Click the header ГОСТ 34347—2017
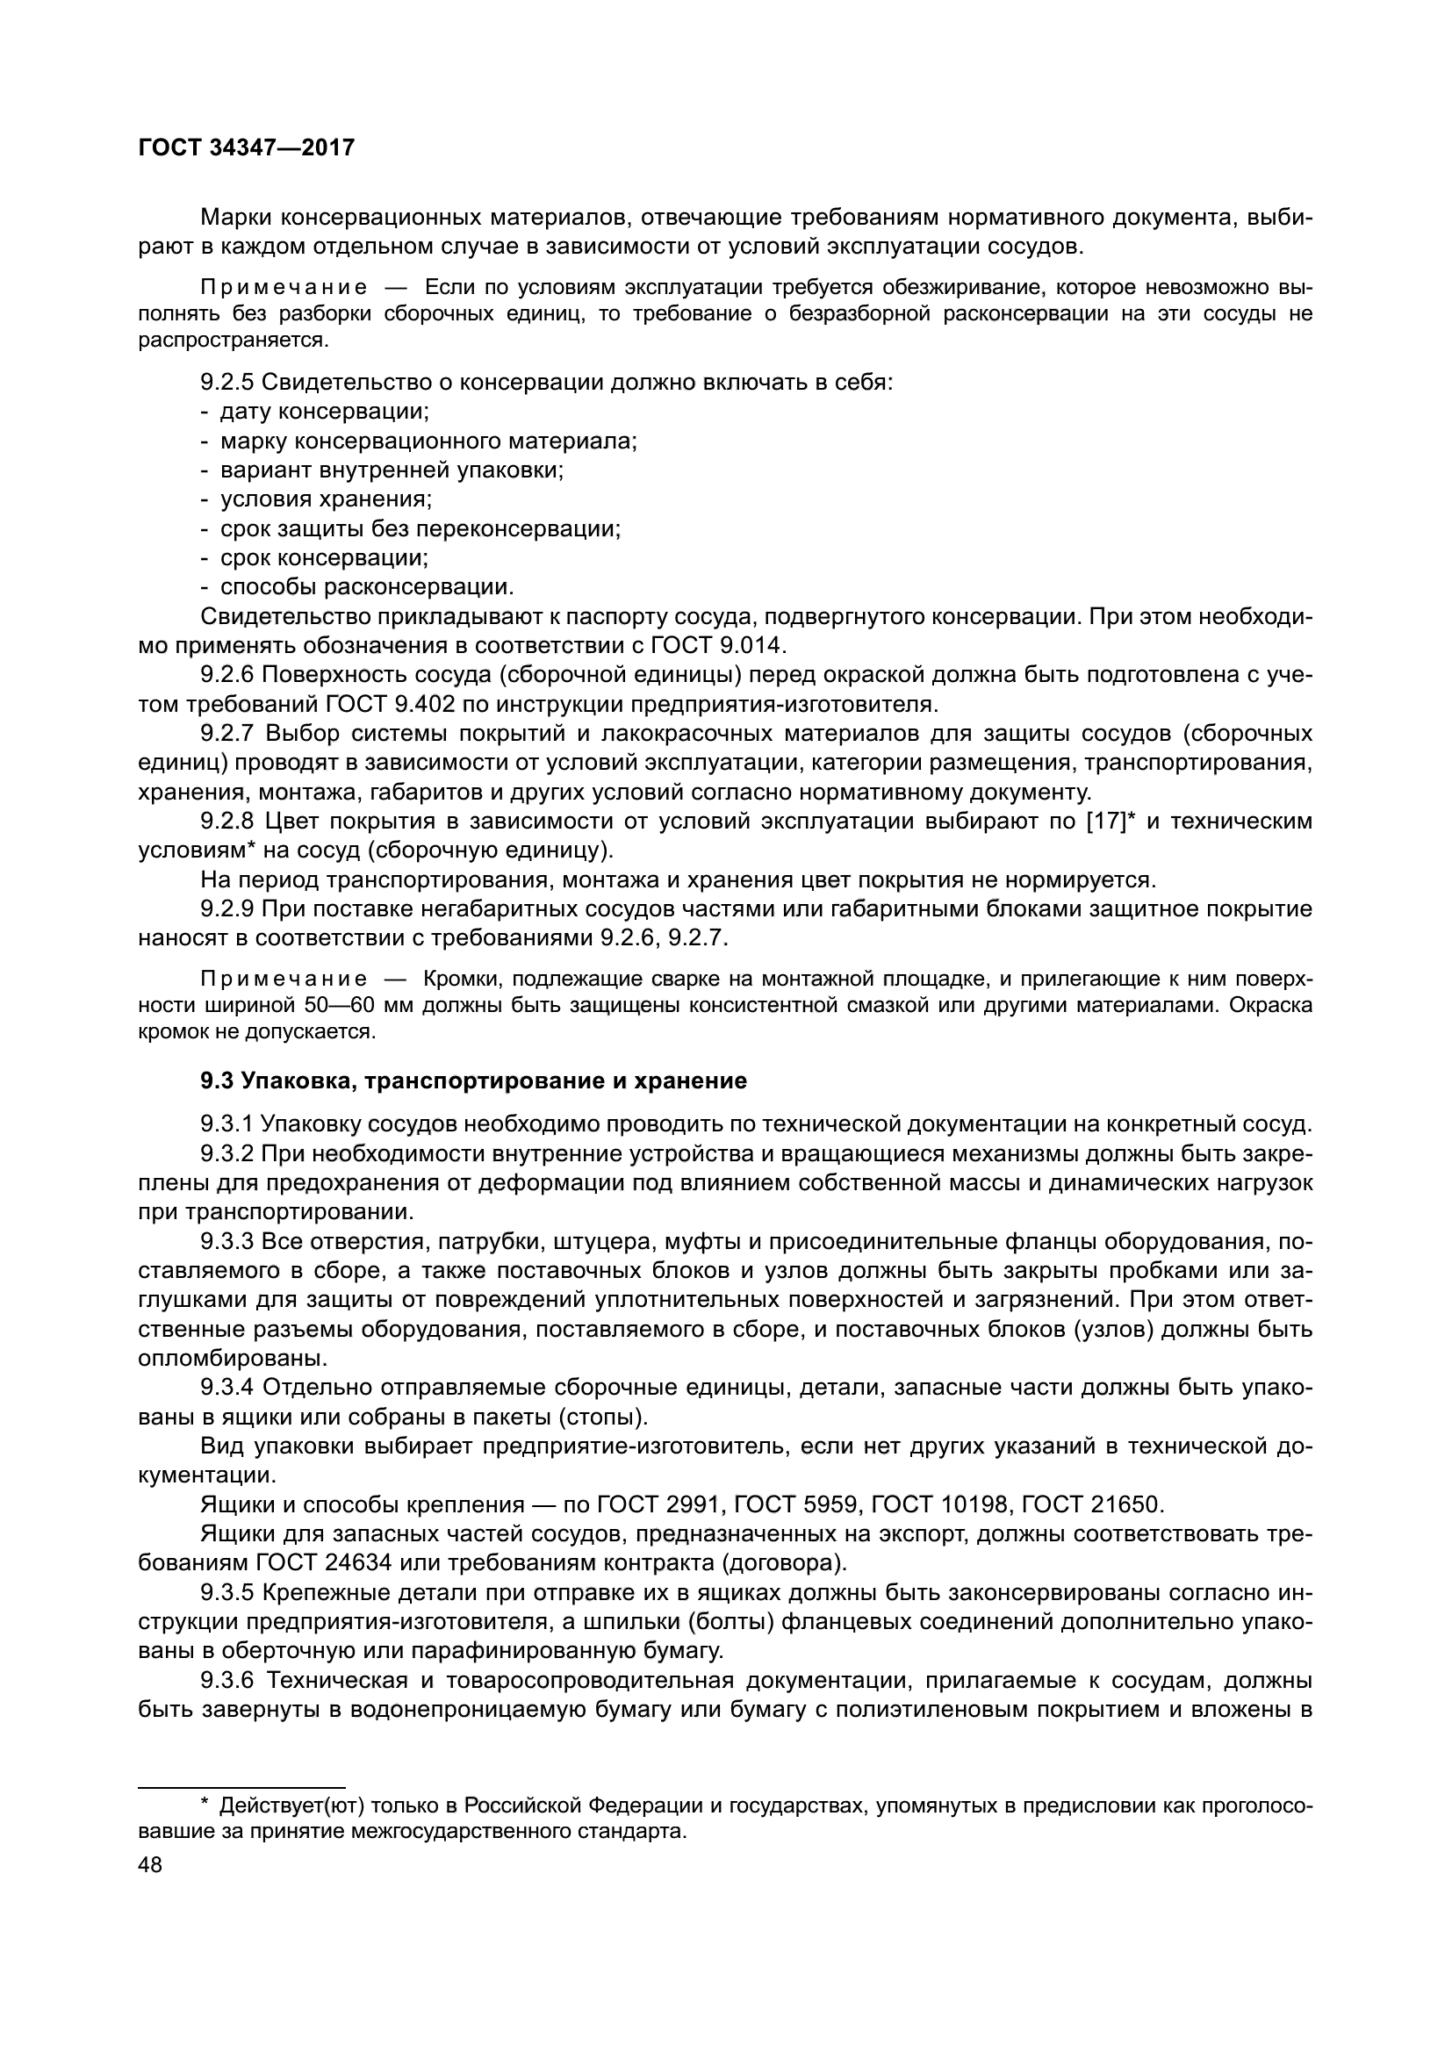247,147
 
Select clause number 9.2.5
227,383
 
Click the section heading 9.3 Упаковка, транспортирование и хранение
473,1081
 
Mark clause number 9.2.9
227,909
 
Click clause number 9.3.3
227,1241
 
